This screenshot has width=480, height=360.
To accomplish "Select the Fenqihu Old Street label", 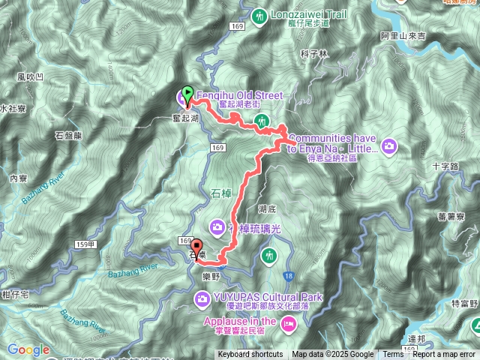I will pos(238,96).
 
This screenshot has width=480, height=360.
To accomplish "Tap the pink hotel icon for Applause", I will pos(290,322).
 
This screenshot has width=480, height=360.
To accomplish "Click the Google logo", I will pos(28,349).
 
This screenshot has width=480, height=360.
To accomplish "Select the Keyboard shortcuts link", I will pos(250,355).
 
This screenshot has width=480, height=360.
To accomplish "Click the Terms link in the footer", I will pos(393,355).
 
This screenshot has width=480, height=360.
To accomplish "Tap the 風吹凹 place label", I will pos(30,77).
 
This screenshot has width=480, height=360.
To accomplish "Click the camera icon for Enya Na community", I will pos(389,145).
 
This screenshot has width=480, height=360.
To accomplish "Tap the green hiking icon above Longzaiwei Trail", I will pos(261,15).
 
